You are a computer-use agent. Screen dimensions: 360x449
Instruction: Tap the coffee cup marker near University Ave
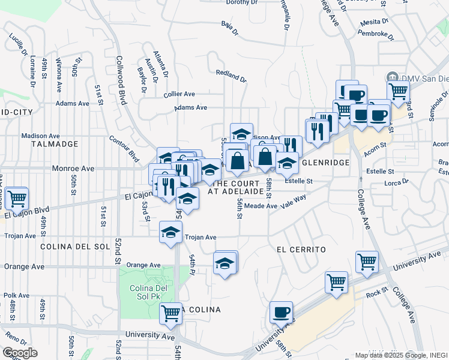281,312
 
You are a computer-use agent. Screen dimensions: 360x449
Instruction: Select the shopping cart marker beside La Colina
171,313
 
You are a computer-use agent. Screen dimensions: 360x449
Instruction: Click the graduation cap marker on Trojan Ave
171,232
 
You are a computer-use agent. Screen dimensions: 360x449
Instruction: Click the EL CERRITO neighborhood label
301,249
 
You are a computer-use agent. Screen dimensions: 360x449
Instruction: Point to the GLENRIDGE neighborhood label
325,163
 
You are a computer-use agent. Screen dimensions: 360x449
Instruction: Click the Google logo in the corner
19,353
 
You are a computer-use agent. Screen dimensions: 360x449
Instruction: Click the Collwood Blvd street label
121,88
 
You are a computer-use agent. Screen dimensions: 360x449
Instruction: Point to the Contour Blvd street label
124,148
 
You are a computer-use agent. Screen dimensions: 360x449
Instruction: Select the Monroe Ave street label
73,169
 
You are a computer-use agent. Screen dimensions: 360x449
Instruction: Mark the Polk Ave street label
16,295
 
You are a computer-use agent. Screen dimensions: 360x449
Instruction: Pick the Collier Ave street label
179,94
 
